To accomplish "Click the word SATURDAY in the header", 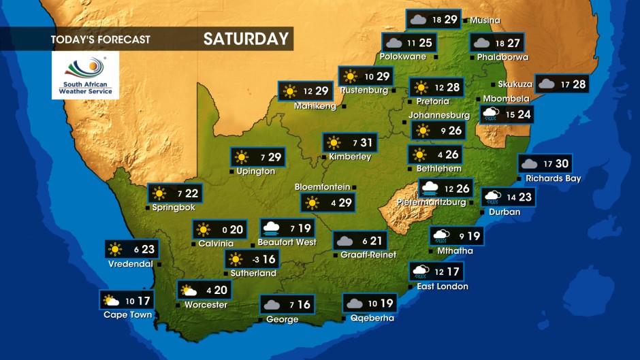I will pyautogui.click(x=246, y=39).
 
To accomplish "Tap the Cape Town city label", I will pyautogui.click(x=127, y=314).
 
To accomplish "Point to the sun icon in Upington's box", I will pyautogui.click(x=242, y=158).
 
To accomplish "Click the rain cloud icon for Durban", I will pyautogui.click(x=492, y=197).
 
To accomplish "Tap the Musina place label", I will pyautogui.click(x=485, y=20).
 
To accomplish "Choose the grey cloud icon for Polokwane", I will pyautogui.click(x=393, y=43).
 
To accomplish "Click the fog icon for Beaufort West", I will pyautogui.click(x=271, y=228).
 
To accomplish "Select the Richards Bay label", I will pyautogui.click(x=553, y=179).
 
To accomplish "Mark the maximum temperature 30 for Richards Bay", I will pyautogui.click(x=562, y=164).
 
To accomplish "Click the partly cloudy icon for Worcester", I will pyautogui.click(x=189, y=291).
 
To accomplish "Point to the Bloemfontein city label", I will pyautogui.click(x=322, y=186).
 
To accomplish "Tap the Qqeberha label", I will pyautogui.click(x=372, y=318).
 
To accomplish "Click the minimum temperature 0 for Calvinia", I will pyautogui.click(x=223, y=230).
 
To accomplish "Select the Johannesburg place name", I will pyautogui.click(x=439, y=115).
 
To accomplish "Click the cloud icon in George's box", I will pyautogui.click(x=272, y=305).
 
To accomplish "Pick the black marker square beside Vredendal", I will pyautogui.click(x=159, y=264).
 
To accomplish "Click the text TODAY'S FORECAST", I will pyautogui.click(x=100, y=39).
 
